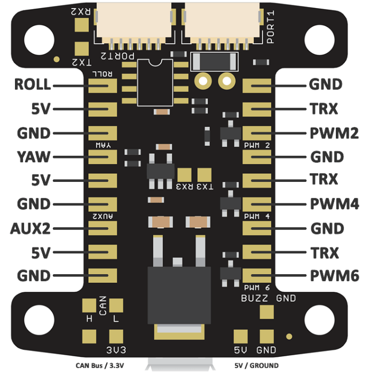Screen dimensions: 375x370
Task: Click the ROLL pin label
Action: tap(33, 84)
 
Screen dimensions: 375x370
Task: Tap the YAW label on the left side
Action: tap(33, 157)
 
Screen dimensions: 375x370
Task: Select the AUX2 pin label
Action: tap(30, 228)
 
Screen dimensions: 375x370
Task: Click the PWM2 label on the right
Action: tap(334, 133)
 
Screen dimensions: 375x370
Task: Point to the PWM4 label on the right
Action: tap(334, 204)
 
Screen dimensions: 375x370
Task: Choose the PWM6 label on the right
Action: tap(334, 276)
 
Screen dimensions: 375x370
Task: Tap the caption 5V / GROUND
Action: tap(256, 366)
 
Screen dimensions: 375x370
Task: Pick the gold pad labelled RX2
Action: tap(83, 24)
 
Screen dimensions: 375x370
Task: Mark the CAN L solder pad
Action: tap(116, 305)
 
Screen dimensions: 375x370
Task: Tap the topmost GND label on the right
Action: tap(326, 84)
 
